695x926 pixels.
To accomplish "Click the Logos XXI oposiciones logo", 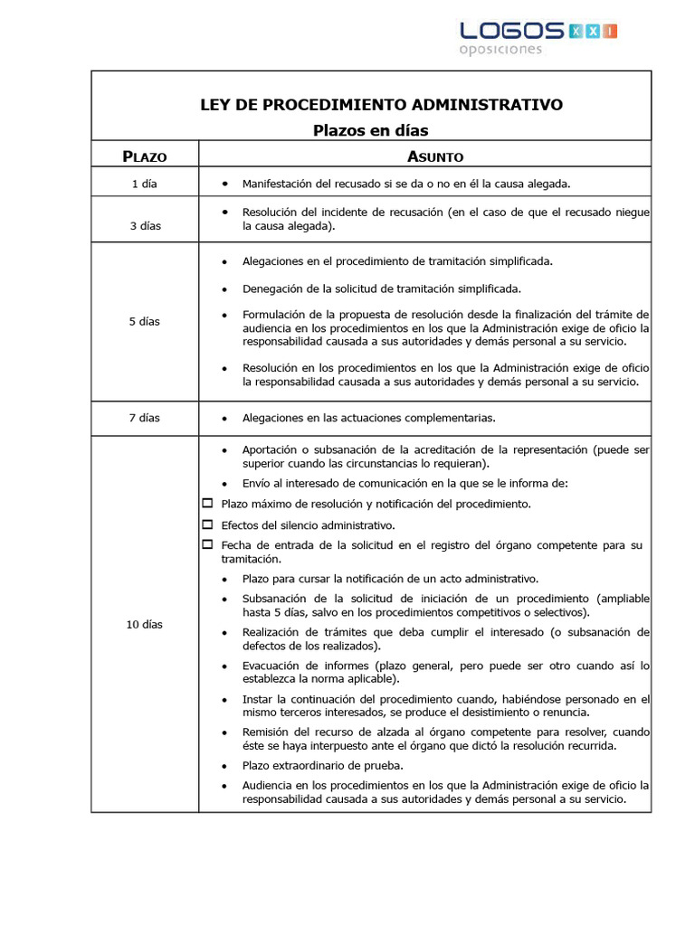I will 538,37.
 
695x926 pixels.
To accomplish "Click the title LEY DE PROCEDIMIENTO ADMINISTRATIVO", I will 381,105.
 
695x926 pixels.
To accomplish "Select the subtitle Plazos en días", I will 370,130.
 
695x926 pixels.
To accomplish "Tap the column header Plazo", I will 145,156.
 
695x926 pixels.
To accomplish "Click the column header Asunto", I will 435,156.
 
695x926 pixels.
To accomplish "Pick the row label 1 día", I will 144,184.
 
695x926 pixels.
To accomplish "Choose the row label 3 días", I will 145,226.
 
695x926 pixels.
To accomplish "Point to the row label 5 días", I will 145,321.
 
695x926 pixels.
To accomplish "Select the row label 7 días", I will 145,418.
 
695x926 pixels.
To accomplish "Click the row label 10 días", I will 145,624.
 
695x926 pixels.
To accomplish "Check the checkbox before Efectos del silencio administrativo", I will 207,524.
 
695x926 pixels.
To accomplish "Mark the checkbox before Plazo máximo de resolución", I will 207,503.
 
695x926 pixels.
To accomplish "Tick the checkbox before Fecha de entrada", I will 207,544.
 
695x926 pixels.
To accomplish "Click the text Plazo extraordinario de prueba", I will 322,765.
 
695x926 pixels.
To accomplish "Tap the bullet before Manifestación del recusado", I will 224,184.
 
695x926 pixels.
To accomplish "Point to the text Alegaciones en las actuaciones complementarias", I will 368,418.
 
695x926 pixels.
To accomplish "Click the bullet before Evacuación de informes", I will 224,666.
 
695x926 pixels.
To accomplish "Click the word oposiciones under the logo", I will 500,50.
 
